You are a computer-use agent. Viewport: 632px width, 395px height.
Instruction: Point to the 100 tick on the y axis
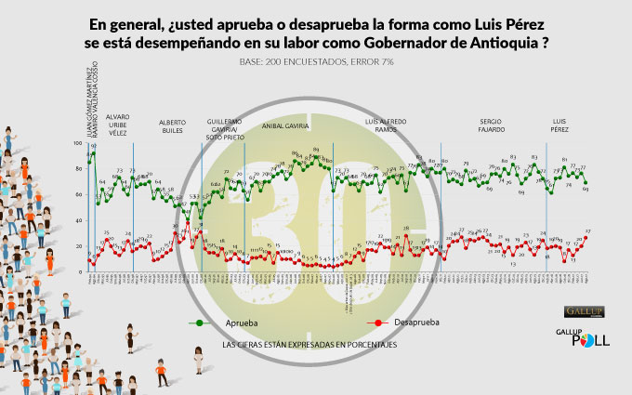click(x=79, y=144)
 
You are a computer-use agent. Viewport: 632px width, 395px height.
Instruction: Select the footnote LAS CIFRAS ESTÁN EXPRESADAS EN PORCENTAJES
click(x=311, y=345)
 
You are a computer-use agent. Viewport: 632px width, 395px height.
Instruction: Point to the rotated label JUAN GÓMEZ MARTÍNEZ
click(x=89, y=102)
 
